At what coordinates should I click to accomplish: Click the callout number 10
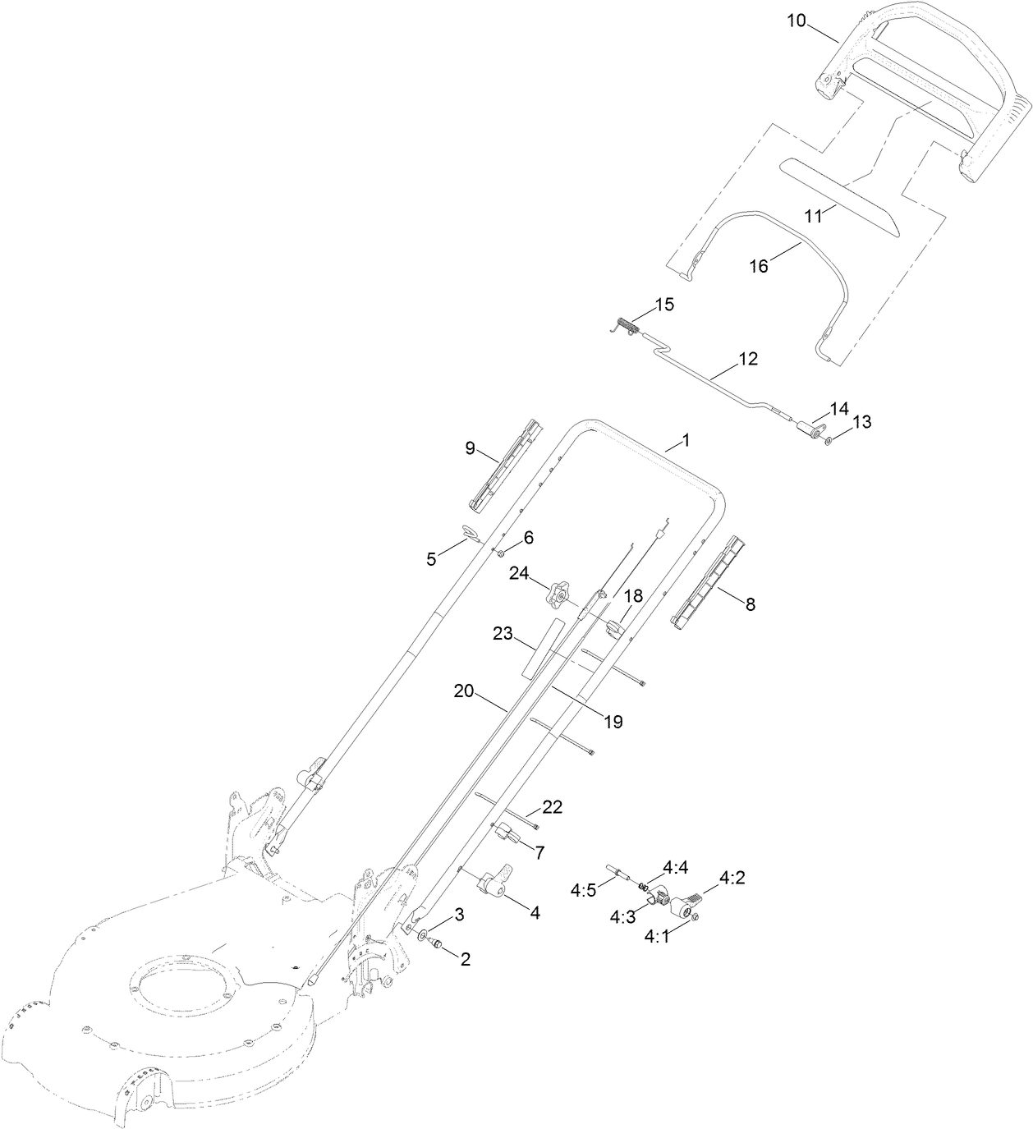(x=796, y=21)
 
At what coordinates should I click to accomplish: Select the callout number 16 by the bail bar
(x=759, y=266)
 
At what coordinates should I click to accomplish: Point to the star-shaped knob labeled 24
(x=558, y=594)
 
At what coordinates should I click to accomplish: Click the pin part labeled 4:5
(x=622, y=873)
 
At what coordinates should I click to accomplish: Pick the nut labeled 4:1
(x=694, y=917)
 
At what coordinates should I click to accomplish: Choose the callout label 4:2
(x=732, y=878)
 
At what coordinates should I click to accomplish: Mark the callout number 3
(x=460, y=914)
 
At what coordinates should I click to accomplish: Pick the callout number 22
(x=552, y=807)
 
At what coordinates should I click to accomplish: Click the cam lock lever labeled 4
(x=495, y=883)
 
